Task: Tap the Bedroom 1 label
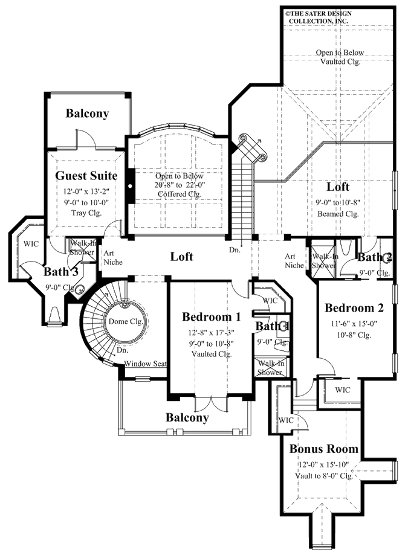coord(212,316)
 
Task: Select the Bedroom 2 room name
coord(354,308)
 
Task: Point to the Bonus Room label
coord(323,449)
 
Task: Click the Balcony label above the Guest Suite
coord(87,113)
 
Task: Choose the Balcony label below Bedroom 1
coord(187,417)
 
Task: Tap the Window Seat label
coord(145,364)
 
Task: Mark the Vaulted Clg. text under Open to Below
coord(338,62)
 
